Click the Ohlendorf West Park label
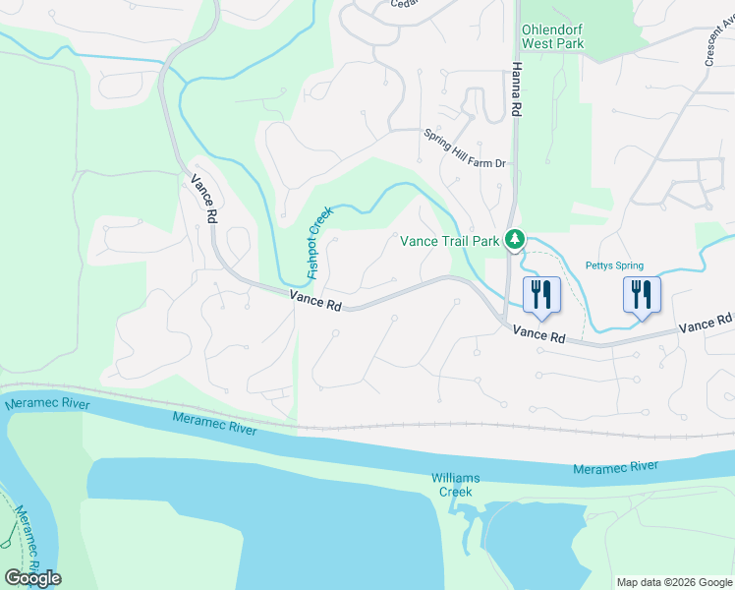pyautogui.click(x=552, y=36)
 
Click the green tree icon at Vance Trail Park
pyautogui.click(x=513, y=239)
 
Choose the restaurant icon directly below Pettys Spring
pyautogui.click(x=642, y=295)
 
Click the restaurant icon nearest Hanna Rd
pyautogui.click(x=543, y=293)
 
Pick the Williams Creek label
pyautogui.click(x=456, y=484)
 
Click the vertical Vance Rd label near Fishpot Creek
pyautogui.click(x=203, y=200)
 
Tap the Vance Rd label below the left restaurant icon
pyautogui.click(x=539, y=335)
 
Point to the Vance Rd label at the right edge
pyautogui.click(x=707, y=324)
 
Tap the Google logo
pyautogui.click(x=32, y=578)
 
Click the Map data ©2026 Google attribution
pyautogui.click(x=673, y=582)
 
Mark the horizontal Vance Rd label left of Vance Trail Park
pyautogui.click(x=315, y=301)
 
